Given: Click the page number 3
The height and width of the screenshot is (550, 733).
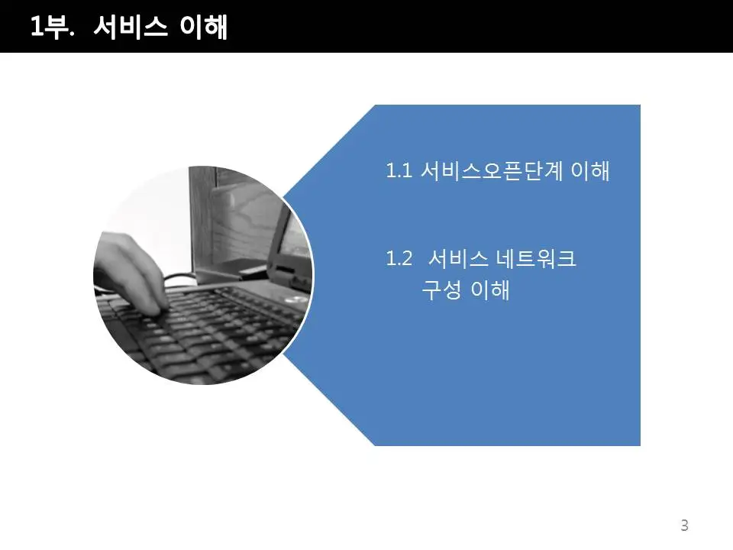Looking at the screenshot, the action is (684, 526).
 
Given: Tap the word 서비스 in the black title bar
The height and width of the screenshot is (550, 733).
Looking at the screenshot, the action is (130, 26).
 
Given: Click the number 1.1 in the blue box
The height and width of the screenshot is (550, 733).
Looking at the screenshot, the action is (399, 170).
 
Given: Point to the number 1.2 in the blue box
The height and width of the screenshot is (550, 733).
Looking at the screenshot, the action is (399, 258).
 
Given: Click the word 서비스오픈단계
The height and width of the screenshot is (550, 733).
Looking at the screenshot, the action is (492, 170).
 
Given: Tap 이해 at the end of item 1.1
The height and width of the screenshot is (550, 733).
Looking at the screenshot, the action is (590, 170).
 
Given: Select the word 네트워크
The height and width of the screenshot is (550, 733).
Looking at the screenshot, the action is (536, 258).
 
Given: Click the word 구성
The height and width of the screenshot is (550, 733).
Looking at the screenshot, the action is (442, 290).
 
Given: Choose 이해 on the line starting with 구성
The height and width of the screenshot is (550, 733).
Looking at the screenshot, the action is (490, 290).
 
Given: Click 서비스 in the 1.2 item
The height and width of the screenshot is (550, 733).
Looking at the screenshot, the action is (457, 258).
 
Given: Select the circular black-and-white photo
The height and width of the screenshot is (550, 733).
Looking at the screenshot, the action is (204, 276).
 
